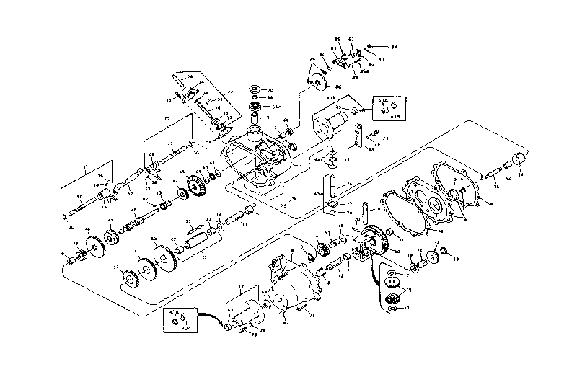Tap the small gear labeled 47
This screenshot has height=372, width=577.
tap(112, 235)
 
